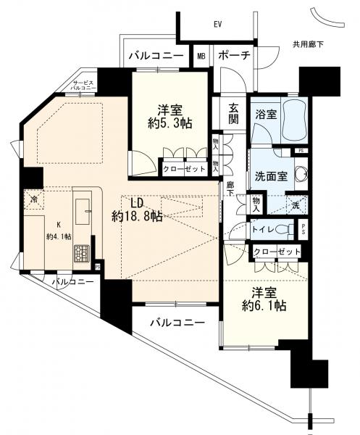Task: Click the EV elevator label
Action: coord(218,25)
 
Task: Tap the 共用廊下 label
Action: coord(308,44)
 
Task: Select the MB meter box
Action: coord(201,56)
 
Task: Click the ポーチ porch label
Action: coord(235,56)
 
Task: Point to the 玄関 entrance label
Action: coord(233,114)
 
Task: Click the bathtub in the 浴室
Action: coord(293,120)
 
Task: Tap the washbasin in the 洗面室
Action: coord(301,174)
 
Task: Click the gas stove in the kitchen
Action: coord(81,253)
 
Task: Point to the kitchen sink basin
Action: coord(83,212)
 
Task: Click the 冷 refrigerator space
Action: coord(34,199)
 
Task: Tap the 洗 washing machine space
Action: coord(296,205)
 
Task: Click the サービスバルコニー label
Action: coord(83,85)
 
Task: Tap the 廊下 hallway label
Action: coord(230,188)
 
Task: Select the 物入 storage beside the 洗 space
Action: coord(256,204)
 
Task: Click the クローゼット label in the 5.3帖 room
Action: coord(184,169)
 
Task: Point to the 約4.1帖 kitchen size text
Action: coord(59,236)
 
